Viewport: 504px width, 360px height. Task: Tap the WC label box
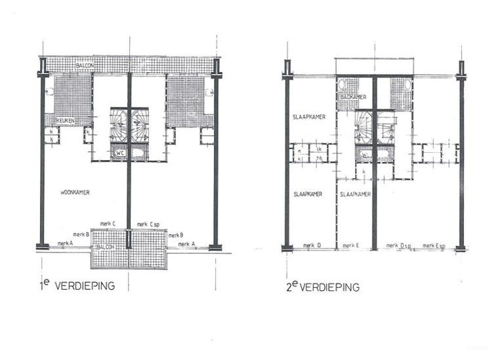pos(120,153)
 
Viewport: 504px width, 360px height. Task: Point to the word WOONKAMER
pos(74,192)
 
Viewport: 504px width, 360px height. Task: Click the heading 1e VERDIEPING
pos(77,285)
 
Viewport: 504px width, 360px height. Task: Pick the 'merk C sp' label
pos(148,224)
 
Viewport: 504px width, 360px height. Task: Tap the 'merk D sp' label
pos(398,246)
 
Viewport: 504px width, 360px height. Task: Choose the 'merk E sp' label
pos(434,246)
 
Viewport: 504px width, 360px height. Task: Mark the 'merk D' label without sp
pos(312,246)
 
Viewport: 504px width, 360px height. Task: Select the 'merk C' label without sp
pos(108,224)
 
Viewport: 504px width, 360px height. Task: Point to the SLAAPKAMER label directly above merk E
pos(355,194)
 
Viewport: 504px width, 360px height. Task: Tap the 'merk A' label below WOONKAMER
pos(66,243)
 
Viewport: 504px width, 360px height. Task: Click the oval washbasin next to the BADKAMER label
pos(341,85)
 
